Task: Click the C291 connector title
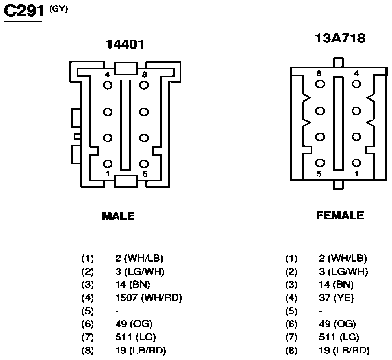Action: pyautogui.click(x=24, y=11)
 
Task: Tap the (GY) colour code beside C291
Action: pyautogui.click(x=58, y=9)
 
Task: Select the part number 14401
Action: pyautogui.click(x=125, y=45)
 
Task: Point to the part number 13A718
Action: pyautogui.click(x=340, y=38)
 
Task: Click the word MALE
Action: pyautogui.click(x=118, y=216)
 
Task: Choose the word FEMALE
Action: pyautogui.click(x=340, y=215)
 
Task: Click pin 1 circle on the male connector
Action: pyautogui.click(x=108, y=164)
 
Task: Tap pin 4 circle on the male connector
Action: pyautogui.click(x=108, y=85)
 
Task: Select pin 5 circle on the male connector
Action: pyautogui.click(x=144, y=164)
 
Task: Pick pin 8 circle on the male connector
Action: pyautogui.click(x=144, y=85)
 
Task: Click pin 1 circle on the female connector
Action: pyautogui.click(x=356, y=163)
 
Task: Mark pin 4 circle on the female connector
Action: pyautogui.click(x=356, y=84)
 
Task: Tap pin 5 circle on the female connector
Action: pyautogui.click(x=320, y=163)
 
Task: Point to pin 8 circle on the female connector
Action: pyautogui.click(x=320, y=84)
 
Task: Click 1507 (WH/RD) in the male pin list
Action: pyautogui.click(x=149, y=298)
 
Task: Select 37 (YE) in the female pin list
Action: pyautogui.click(x=336, y=298)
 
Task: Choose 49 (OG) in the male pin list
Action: pyautogui.click(x=134, y=324)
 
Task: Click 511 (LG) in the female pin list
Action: pyautogui.click(x=339, y=337)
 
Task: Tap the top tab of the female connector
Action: pyautogui.click(x=338, y=63)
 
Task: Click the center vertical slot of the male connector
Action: pyautogui.click(x=125, y=125)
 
